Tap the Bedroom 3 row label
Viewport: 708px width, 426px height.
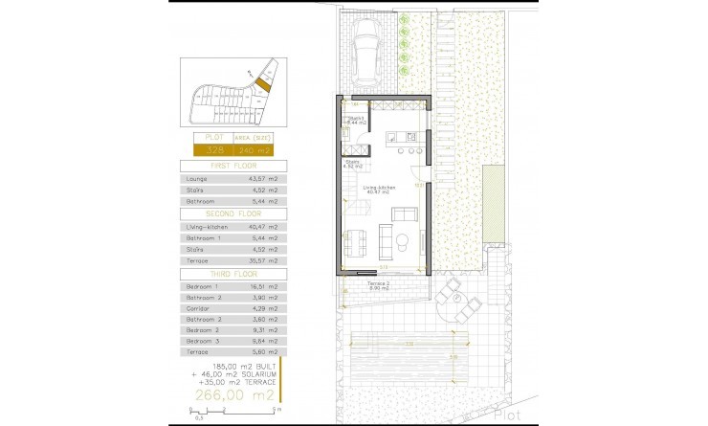[x=202, y=339]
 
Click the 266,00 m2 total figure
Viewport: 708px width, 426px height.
[x=233, y=394]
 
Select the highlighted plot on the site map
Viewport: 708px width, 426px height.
[x=264, y=84]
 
